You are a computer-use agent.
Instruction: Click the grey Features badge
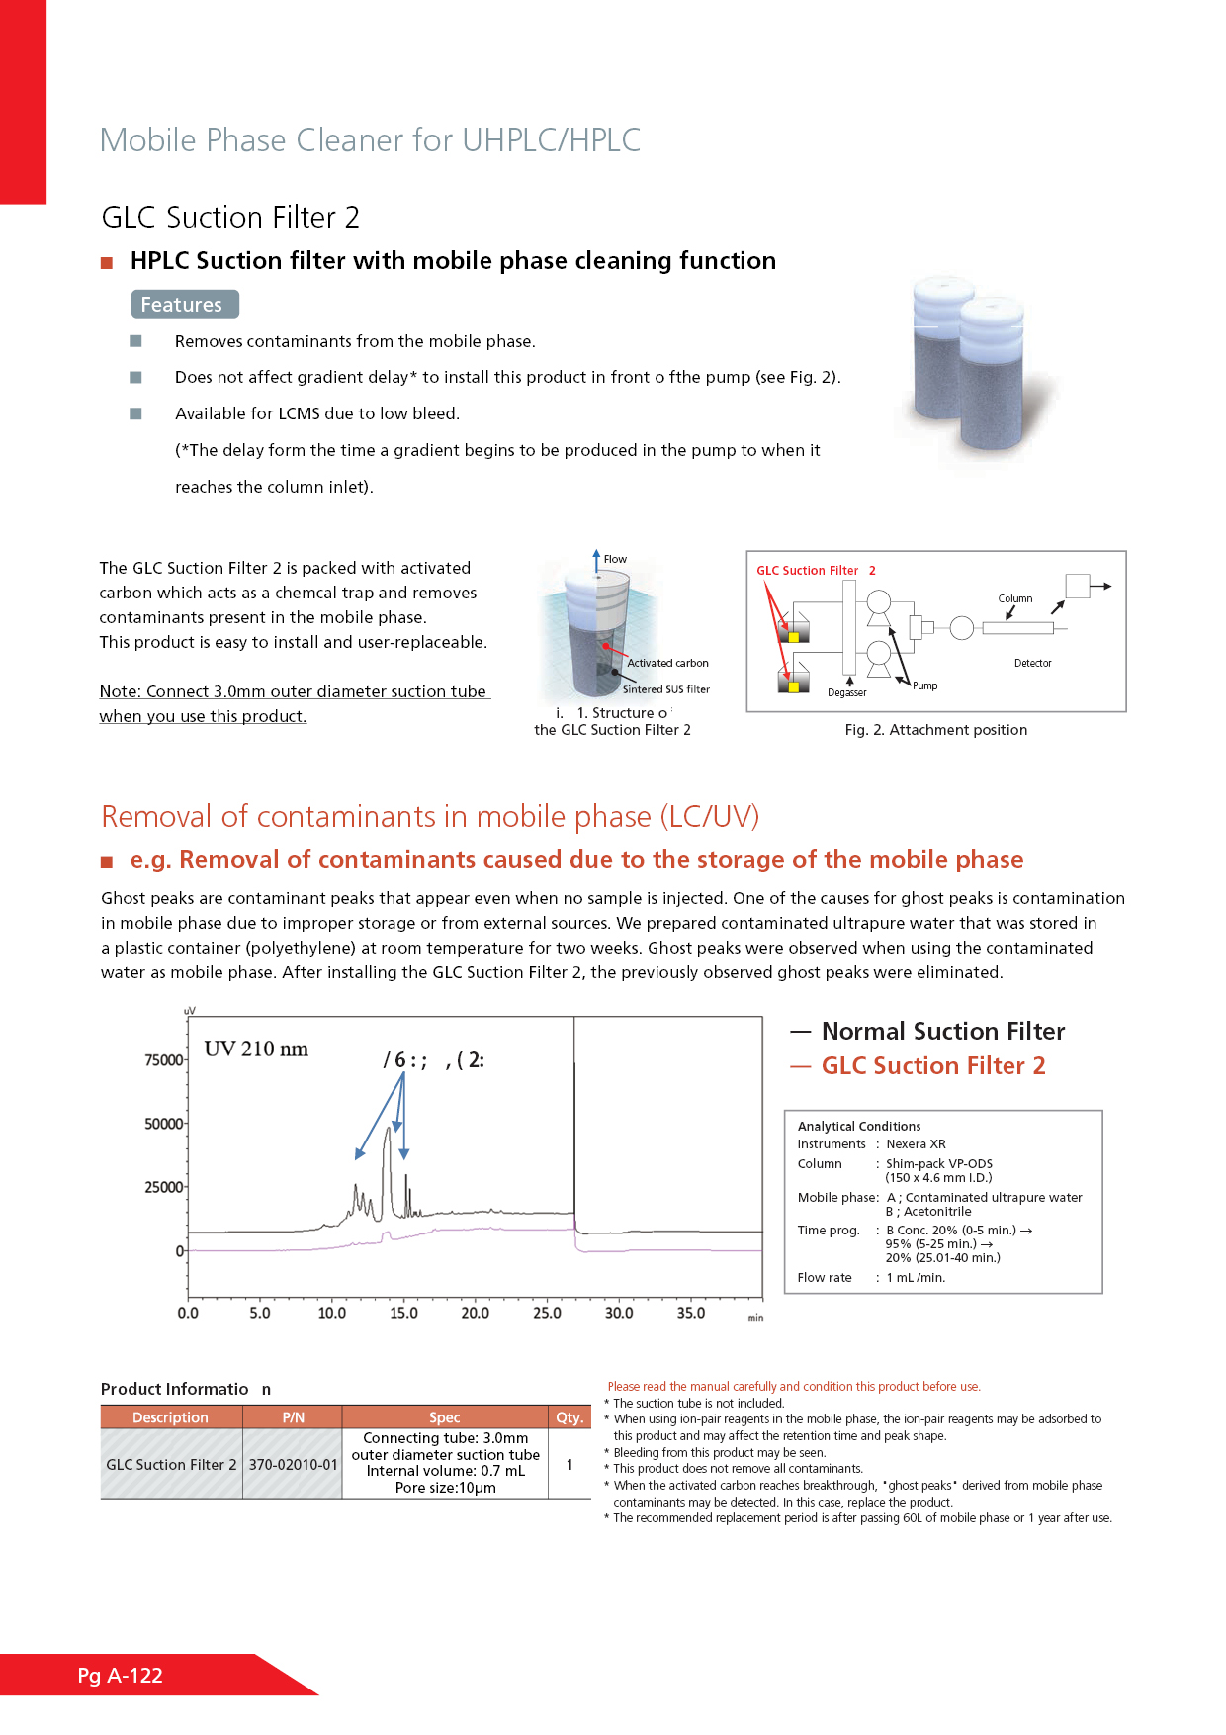185,305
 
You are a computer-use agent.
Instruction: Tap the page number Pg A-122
120,1675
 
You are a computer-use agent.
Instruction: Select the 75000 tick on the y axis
164,1060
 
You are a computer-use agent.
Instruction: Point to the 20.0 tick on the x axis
476,1313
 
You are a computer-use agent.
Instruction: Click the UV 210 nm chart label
256,1049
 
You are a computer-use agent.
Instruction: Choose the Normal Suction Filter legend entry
942,1031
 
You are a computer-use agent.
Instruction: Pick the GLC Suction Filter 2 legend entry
932,1065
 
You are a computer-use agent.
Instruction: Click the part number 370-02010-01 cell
293,1464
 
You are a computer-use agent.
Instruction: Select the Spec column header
445,1417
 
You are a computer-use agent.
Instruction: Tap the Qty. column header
569,1417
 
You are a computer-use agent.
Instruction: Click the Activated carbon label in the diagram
667,663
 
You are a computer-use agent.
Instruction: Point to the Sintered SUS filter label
665,689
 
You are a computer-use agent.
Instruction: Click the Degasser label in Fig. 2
847,692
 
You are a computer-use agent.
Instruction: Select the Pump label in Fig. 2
925,685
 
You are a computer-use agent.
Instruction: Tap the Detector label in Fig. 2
1032,663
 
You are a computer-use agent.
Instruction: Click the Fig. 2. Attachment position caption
935,730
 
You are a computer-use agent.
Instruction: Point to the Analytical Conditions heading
859,1126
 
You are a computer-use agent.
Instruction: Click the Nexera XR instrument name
916,1144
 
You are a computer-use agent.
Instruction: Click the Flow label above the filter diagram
615,559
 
